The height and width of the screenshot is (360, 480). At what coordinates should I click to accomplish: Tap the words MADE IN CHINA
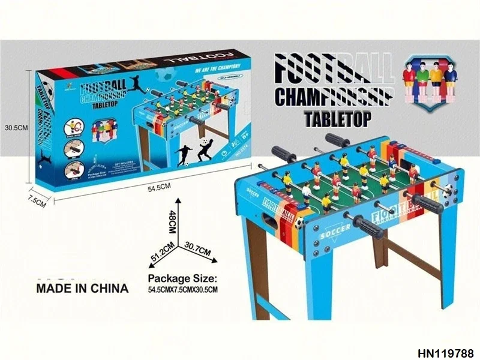coord(83,288)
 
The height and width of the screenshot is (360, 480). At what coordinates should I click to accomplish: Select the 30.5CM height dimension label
coord(16,127)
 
